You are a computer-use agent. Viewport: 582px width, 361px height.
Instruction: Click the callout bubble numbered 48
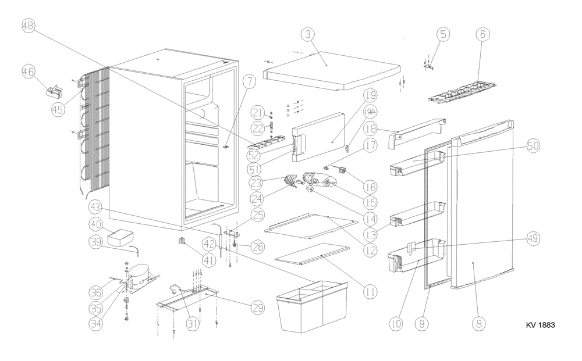coord(29,26)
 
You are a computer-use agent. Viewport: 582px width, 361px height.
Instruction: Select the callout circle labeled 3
coord(308,35)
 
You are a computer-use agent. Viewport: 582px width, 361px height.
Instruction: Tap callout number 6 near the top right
coord(481,35)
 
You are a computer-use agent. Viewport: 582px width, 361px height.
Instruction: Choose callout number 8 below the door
coord(478,323)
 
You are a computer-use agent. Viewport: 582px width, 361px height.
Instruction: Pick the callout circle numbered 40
coord(96,224)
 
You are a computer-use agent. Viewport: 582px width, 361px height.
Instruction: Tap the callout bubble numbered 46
coord(29,72)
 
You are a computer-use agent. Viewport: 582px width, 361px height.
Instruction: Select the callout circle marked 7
coord(249,83)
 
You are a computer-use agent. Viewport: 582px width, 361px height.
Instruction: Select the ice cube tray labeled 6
coord(463,94)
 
